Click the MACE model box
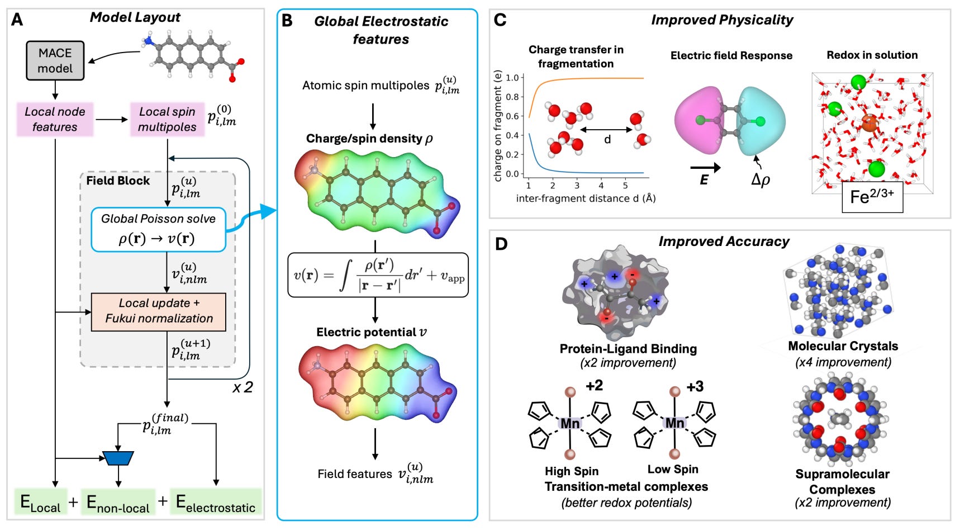[x=55, y=60]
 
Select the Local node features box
[x=55, y=119]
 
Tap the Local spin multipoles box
[x=167, y=119]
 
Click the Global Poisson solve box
[x=158, y=229]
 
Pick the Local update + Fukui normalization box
[x=159, y=311]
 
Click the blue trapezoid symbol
[x=118, y=458]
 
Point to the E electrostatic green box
[x=216, y=502]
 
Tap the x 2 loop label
[x=243, y=387]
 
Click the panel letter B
[x=287, y=21]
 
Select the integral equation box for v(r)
[x=378, y=275]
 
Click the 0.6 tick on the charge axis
[x=512, y=116]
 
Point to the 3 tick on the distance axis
[x=577, y=185]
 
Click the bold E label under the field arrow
[x=704, y=180]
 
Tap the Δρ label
[x=761, y=180]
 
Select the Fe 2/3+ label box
[x=872, y=197]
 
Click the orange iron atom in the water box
[x=869, y=123]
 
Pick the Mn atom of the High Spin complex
[x=570, y=423]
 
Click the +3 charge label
[x=695, y=386]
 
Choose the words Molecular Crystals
[x=843, y=346]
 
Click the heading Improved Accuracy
[x=724, y=242]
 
